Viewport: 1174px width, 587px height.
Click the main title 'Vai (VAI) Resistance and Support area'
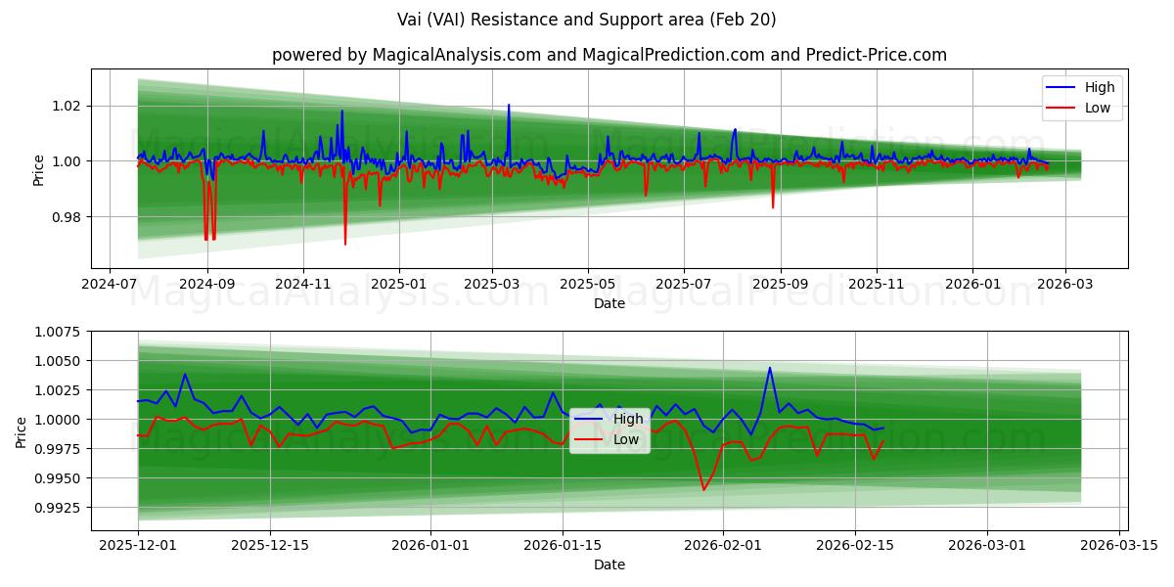pos(587,20)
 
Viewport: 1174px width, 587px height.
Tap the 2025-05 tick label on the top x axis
pos(587,283)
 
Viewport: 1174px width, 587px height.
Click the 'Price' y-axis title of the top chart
pos(39,169)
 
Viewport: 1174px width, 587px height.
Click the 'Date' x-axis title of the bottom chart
pos(610,564)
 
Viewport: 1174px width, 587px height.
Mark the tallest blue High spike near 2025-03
pos(508,105)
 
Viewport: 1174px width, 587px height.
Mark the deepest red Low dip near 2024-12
pos(345,244)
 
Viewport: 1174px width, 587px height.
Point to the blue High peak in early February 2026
pos(770,368)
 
